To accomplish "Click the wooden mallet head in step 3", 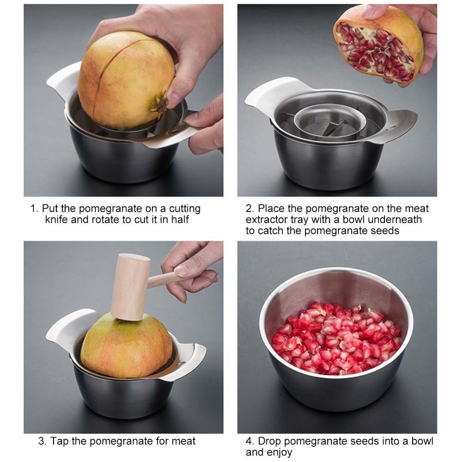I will pyautogui.click(x=130, y=286).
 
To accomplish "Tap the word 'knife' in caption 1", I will pyautogui.click(x=57, y=219).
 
